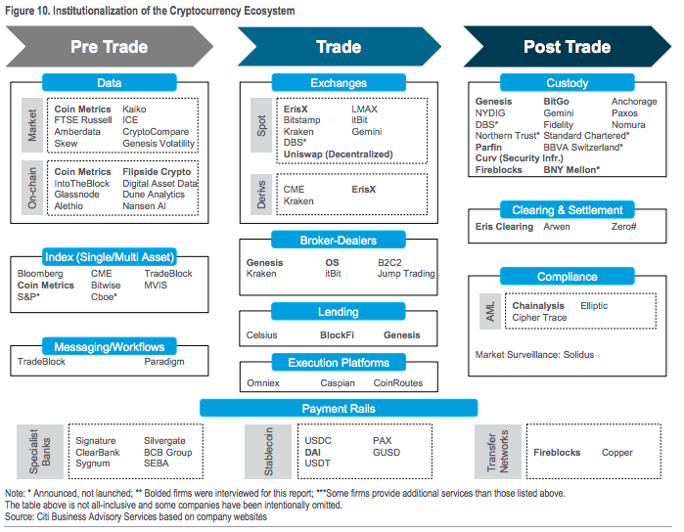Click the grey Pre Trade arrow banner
coord(109,47)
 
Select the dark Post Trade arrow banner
coord(568,47)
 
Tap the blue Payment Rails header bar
coord(339,408)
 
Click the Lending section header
coord(339,312)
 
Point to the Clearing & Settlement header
coord(568,210)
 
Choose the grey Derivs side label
coord(261,195)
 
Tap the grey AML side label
coord(490,311)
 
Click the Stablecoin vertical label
coord(268,452)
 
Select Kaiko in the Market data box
coord(134,109)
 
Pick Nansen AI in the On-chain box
coord(144,205)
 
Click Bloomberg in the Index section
coord(40,274)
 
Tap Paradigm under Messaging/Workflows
coord(164,362)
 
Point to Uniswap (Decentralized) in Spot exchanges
coord(338,155)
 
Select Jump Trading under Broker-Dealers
coord(406,274)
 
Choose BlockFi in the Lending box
coord(337,334)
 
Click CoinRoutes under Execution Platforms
coord(398,383)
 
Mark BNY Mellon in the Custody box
coord(571,170)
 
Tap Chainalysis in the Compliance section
coord(538,306)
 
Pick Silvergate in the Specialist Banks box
coord(164,441)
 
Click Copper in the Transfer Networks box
coord(616,453)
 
